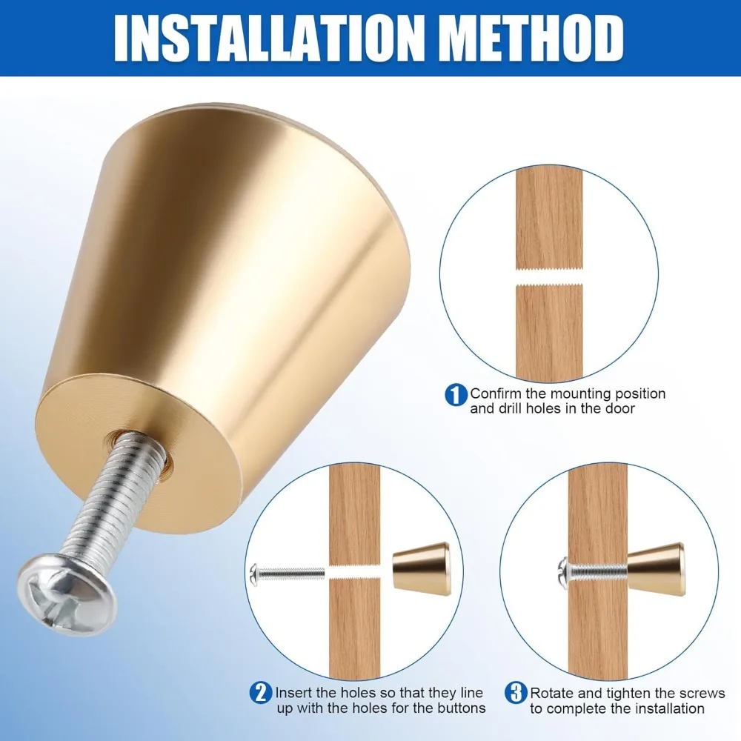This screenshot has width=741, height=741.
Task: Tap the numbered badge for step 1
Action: [x=456, y=395]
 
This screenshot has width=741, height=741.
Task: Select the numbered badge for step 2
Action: [x=260, y=694]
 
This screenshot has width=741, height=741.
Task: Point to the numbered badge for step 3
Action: [x=516, y=694]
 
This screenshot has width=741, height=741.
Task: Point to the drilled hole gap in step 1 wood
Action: [x=549, y=277]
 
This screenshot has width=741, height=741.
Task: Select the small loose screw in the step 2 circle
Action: [x=287, y=574]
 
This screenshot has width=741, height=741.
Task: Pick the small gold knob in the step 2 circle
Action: [x=422, y=569]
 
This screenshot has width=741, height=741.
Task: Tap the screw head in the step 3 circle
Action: [x=564, y=574]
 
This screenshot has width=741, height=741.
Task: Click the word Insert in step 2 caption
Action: [x=293, y=693]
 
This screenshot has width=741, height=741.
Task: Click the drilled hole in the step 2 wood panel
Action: [x=354, y=572]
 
